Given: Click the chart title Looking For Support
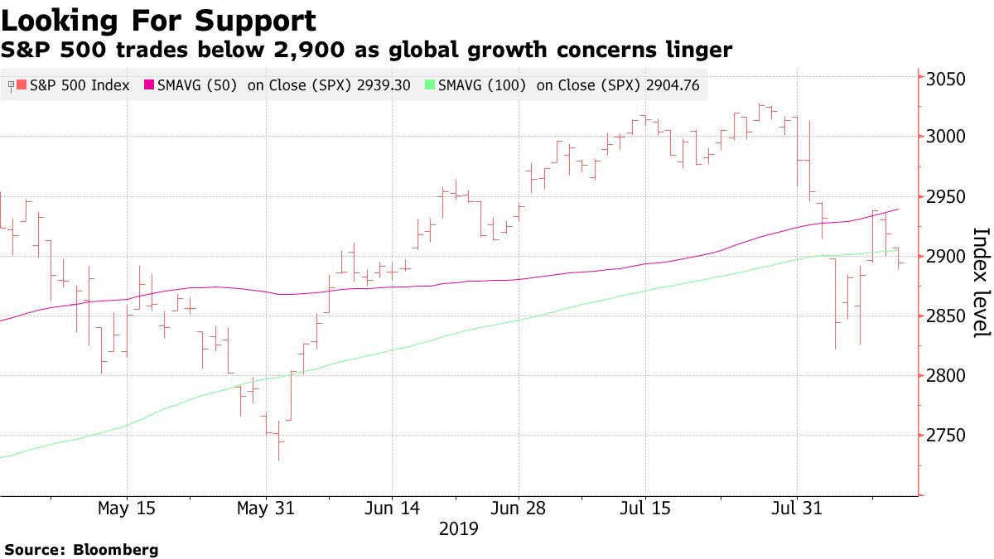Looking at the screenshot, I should click(158, 21).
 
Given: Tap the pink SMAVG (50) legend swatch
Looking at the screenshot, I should click(150, 84).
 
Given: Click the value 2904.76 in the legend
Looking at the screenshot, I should click(667, 84).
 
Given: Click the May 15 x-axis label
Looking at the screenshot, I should click(126, 508).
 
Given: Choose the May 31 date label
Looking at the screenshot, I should click(265, 508).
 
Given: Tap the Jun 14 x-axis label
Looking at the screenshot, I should click(392, 508).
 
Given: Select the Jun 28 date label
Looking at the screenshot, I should click(518, 508).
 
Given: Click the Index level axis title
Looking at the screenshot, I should click(980, 282).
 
